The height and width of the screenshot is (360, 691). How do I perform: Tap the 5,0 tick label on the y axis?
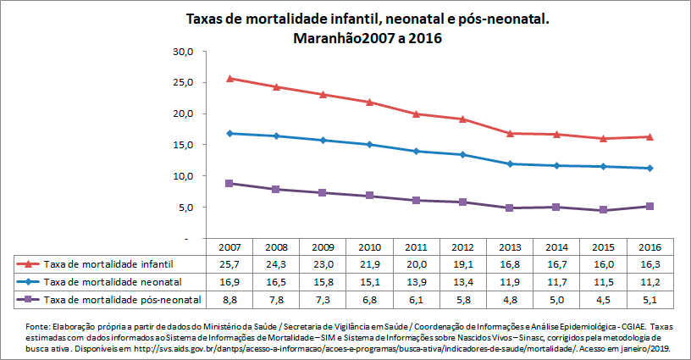186,208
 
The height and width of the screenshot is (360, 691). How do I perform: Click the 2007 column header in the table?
229,247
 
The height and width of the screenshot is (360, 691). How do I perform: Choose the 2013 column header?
510,247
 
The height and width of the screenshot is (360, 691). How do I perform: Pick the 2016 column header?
650,247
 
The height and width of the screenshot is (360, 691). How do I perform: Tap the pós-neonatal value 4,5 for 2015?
603,300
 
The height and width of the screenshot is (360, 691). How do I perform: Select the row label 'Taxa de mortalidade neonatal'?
113,282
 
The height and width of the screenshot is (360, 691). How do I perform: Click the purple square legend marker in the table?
29,300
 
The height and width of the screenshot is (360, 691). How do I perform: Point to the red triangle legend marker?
29,264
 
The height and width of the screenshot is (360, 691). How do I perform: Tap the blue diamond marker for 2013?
510,163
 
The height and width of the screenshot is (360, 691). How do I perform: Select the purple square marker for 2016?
650,206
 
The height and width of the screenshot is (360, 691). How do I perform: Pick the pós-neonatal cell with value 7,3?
323,300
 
